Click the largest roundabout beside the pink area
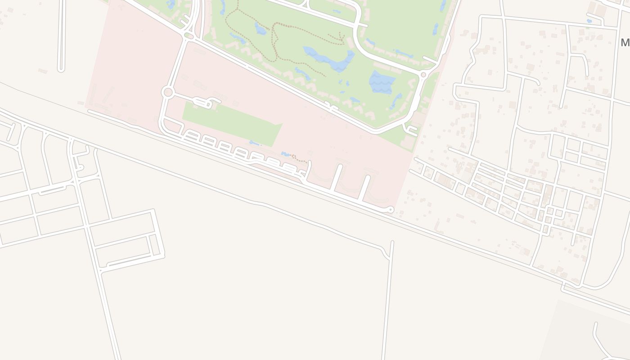[x=168, y=92]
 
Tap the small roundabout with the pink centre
[x=423, y=75]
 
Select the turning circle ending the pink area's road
[x=391, y=209]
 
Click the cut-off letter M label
[x=625, y=43]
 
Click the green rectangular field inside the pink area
[x=232, y=123]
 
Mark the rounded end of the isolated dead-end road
[x=61, y=69]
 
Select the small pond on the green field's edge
[x=255, y=143]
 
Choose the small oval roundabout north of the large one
[x=189, y=36]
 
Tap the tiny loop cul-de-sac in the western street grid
[x=80, y=168]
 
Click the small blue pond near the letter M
[x=589, y=21]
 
